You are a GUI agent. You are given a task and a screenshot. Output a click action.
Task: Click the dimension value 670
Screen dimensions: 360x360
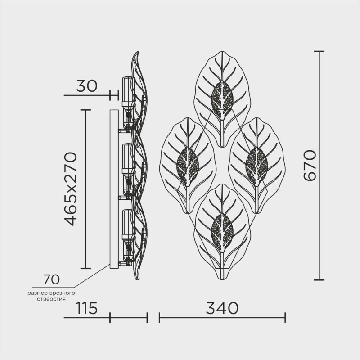(310, 165)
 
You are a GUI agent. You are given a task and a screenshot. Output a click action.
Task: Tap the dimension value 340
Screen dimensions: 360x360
(222, 308)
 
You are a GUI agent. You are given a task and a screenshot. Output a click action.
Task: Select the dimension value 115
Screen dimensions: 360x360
(87, 308)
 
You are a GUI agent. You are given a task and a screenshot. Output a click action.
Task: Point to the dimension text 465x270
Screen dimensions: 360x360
(70, 189)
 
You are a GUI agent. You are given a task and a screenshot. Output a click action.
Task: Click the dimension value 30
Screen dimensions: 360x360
(87, 85)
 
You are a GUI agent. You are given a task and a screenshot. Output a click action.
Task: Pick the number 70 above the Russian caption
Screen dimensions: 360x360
(51, 279)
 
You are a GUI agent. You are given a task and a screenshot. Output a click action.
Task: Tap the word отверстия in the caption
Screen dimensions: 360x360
(51, 299)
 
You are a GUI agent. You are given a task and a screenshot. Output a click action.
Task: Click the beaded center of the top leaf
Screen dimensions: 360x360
(222, 97)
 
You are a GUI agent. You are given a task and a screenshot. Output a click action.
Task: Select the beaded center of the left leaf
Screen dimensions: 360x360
(188, 163)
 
